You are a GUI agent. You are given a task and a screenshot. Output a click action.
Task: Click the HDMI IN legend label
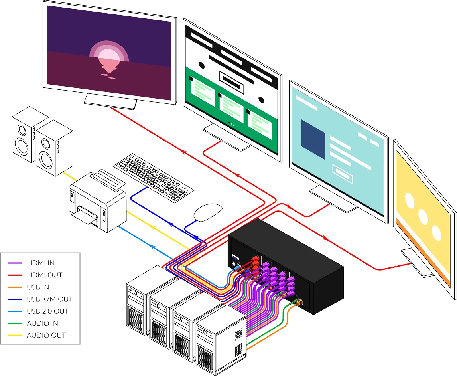coord(41,263)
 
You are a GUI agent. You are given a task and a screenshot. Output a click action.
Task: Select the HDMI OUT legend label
coord(44,275)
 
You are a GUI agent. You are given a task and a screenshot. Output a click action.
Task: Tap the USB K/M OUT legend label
coord(49,299)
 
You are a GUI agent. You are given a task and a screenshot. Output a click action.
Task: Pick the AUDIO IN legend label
coord(42,323)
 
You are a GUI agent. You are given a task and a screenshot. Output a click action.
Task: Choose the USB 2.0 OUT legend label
coord(47,311)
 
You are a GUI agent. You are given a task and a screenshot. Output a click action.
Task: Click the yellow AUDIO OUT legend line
coord(15,335)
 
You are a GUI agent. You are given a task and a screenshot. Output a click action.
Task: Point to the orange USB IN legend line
coord(15,287)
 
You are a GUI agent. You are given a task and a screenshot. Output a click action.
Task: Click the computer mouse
coord(208,212)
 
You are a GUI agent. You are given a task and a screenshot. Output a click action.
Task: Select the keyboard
coord(153,178)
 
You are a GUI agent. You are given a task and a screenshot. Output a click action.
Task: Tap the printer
coord(98,201)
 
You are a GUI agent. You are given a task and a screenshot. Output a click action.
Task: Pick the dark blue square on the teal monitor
coord(313,139)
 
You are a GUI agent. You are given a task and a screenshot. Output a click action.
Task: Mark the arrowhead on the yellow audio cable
coord(152,227)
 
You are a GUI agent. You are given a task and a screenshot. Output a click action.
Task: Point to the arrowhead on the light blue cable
coord(152,247)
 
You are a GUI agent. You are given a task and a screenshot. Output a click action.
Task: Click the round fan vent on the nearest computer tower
coord(239,334)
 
